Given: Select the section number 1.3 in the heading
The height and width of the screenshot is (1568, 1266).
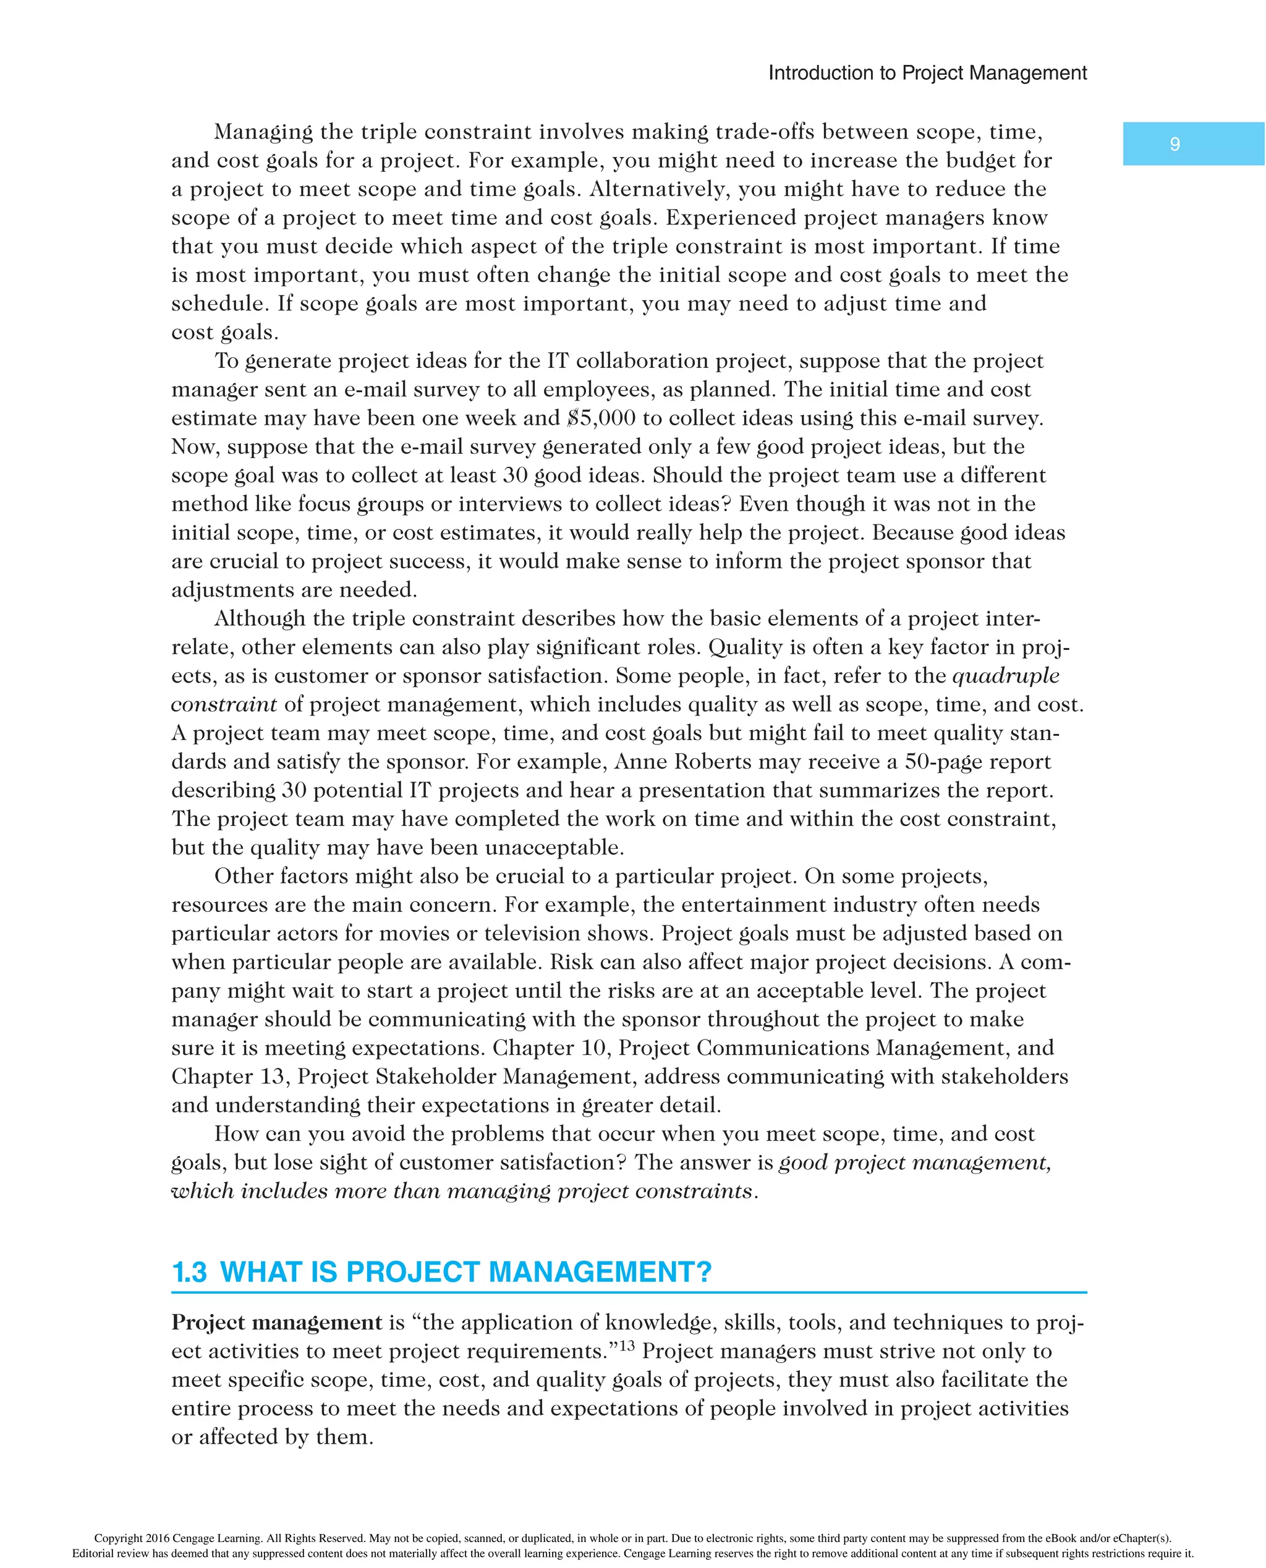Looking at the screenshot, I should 189,1272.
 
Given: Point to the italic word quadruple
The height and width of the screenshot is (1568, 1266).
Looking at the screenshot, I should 1006,675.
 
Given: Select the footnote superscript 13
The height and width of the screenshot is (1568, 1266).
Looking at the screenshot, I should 625,1345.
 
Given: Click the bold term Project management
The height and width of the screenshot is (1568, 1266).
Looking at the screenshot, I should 276,1322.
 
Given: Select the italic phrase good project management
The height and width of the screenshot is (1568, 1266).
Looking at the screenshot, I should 914,1162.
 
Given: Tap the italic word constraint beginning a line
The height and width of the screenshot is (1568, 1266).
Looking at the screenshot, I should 224,704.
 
